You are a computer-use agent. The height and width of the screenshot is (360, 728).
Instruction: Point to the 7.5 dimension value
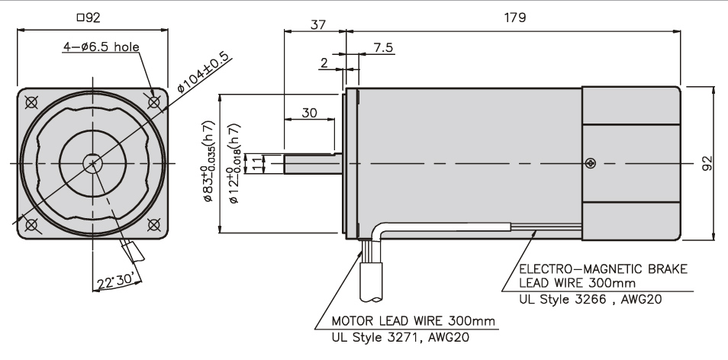point(383,47)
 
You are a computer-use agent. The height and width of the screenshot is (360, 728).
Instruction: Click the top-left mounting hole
point(31,102)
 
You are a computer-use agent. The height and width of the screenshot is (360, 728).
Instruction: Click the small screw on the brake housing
point(590,162)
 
